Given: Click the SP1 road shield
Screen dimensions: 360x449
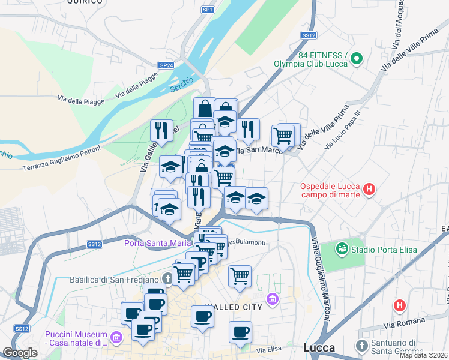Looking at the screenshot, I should point(208,10).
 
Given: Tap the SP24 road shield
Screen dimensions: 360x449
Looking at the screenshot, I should point(166,65).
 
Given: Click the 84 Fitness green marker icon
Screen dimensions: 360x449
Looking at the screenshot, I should point(356,59).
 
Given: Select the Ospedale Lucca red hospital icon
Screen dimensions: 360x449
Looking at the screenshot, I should point(369,190).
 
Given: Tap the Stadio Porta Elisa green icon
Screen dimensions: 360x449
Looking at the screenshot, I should point(342,247).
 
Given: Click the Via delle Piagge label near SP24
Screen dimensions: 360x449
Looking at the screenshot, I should point(137,83).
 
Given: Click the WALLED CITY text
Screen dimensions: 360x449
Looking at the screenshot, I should point(234,307).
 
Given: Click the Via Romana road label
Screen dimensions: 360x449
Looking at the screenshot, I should point(400,326).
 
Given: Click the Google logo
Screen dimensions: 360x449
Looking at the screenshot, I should point(20,353).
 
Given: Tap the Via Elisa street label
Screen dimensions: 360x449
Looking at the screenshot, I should point(268,350).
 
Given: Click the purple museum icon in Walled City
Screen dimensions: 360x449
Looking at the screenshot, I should point(273,298).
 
